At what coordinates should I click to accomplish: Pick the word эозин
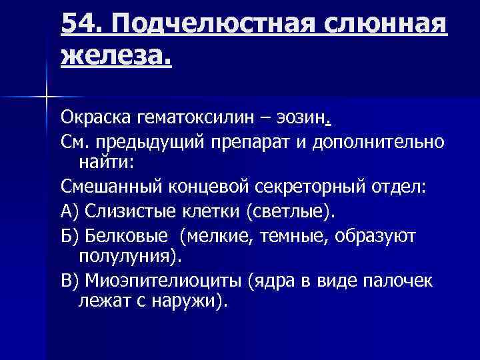coord(305,120)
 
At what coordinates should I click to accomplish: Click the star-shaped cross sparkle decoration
coord(47,98)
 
